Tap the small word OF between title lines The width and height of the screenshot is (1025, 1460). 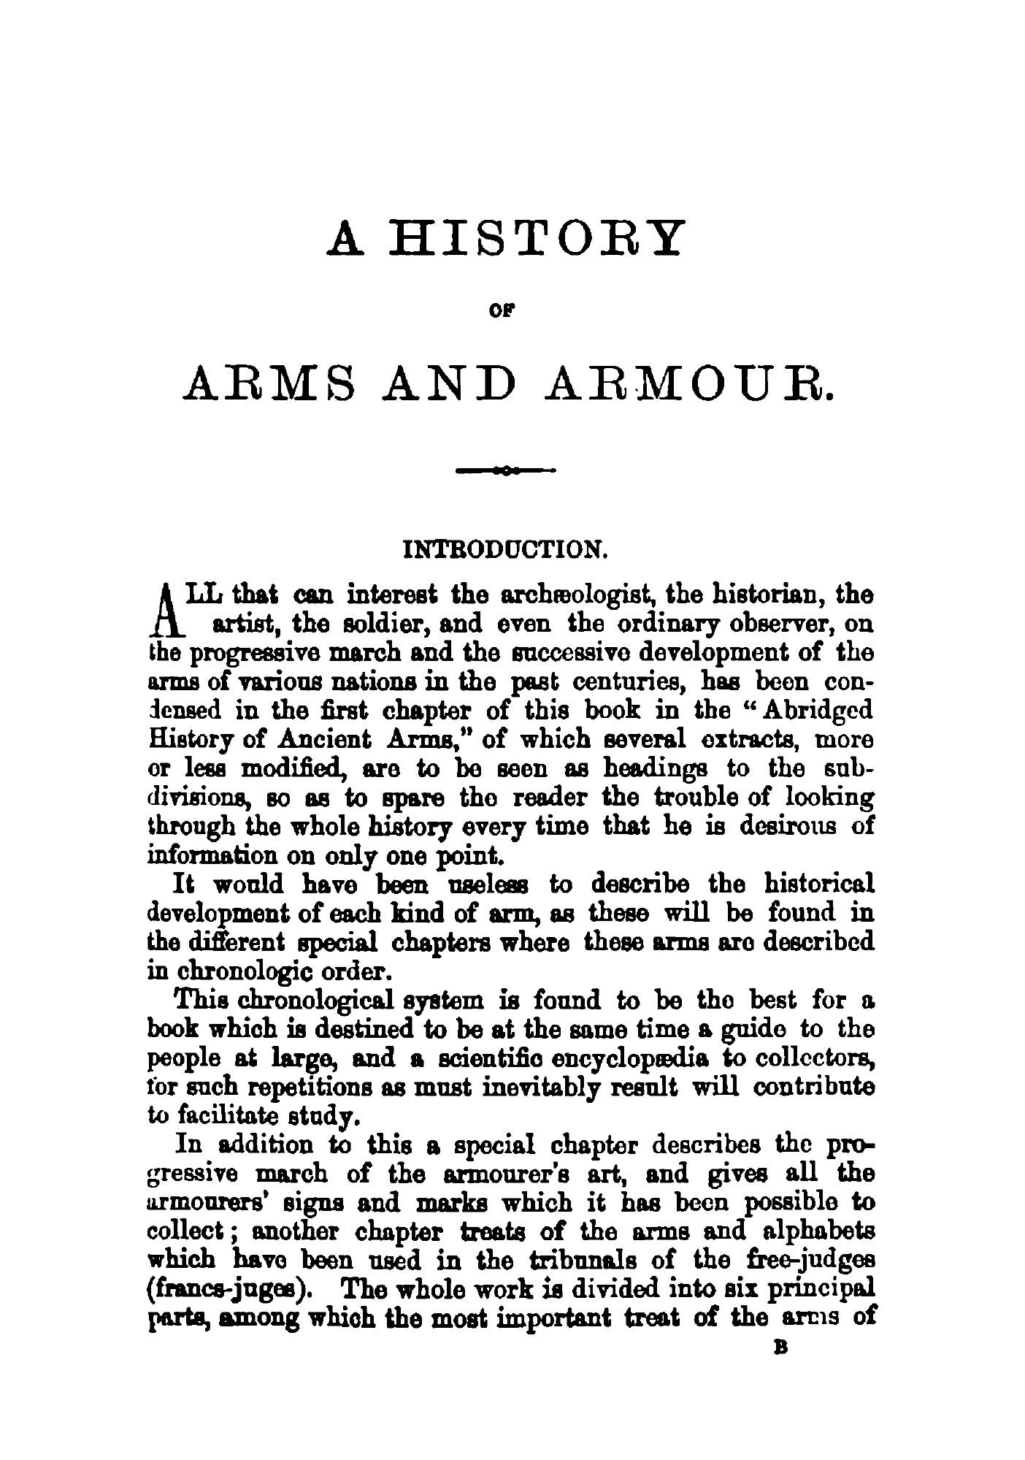(x=507, y=310)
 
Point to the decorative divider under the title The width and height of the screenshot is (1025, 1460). (x=506, y=471)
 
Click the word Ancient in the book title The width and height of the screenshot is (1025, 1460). (x=325, y=740)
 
